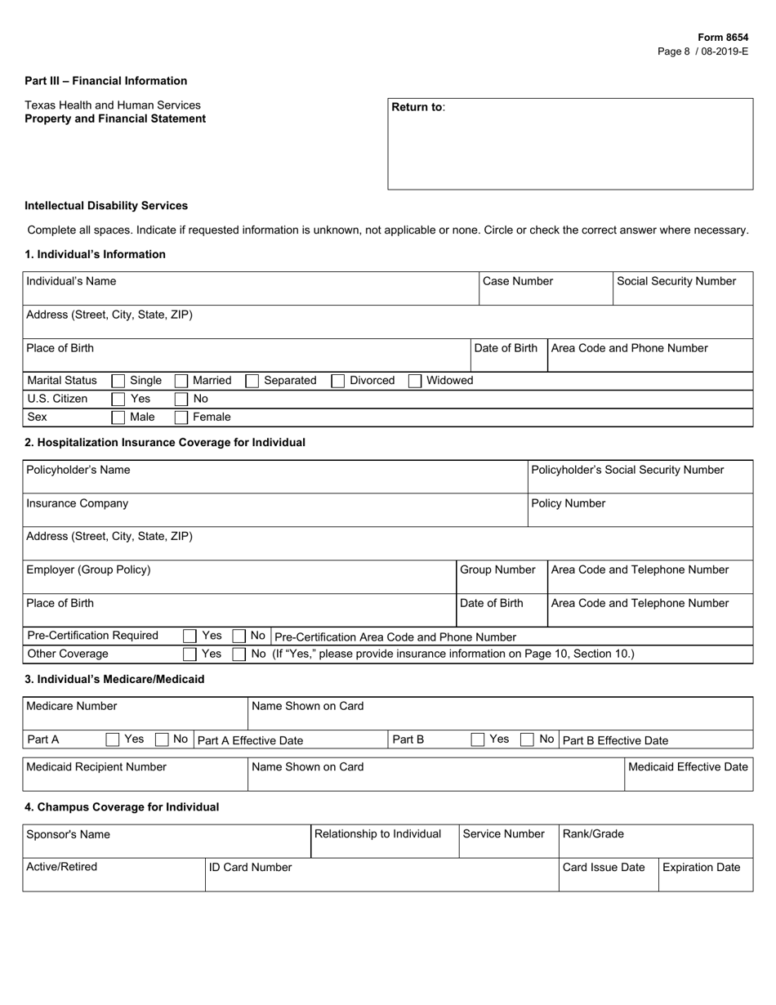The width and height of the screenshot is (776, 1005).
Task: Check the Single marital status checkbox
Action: [x=118, y=381]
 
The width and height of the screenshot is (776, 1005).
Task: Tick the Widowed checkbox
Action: [x=415, y=381]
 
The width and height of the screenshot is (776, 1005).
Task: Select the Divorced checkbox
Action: [x=338, y=381]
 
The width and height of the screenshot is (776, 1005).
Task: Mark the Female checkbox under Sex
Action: [x=181, y=418]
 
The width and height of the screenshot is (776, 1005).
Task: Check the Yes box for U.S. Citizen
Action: [x=118, y=400]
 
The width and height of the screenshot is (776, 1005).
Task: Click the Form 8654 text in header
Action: [x=722, y=38]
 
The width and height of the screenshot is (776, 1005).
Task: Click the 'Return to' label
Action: [x=418, y=107]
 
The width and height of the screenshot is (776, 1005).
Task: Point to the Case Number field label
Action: [x=518, y=281]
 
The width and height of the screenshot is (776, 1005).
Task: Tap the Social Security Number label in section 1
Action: [x=676, y=281]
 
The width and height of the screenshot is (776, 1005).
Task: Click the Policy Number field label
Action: [x=569, y=503]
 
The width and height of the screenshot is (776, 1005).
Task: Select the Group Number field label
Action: [x=497, y=569]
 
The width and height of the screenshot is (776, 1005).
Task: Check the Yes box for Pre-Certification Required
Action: [x=190, y=636]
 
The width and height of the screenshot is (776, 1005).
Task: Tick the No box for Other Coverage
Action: [x=239, y=654]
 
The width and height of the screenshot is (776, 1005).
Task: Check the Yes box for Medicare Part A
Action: [x=113, y=740]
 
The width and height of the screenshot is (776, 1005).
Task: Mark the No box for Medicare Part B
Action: [x=528, y=740]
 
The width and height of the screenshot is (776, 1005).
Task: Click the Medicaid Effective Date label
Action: [x=688, y=766]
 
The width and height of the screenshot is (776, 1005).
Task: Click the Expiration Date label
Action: [x=701, y=867]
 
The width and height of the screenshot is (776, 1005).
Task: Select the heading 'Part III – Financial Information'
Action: [x=105, y=81]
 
